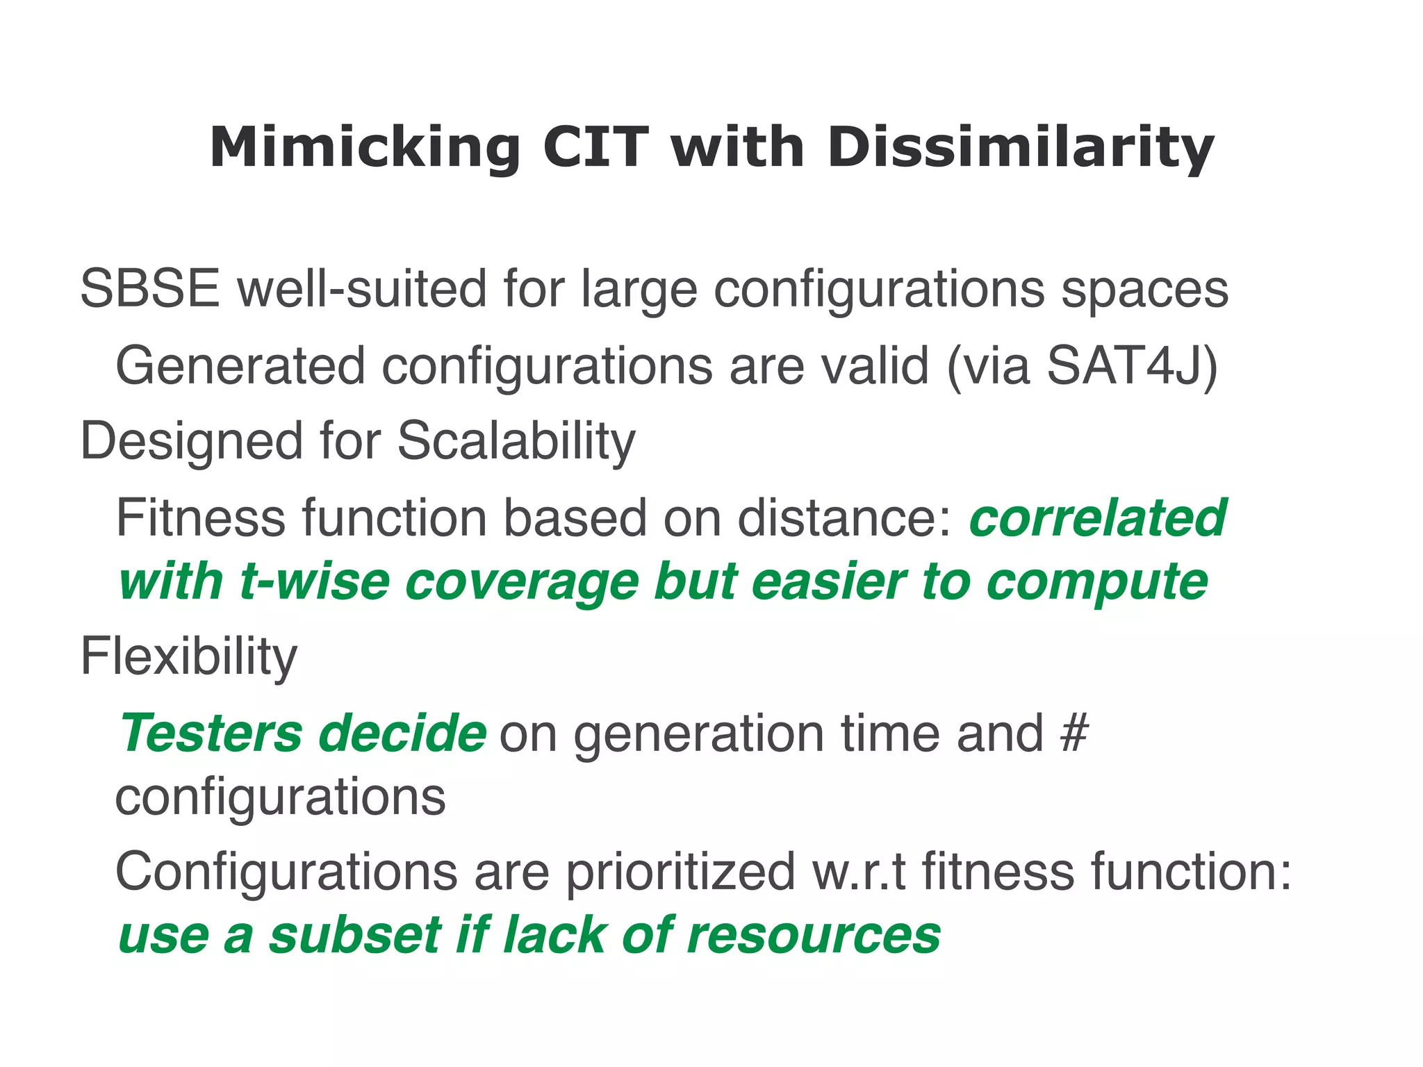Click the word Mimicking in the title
pyautogui.click(x=365, y=149)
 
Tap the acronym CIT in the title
pyautogui.click(x=595, y=147)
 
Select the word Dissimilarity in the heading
pyautogui.click(x=1020, y=149)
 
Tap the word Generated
pyautogui.click(x=240, y=366)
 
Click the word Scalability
pyautogui.click(x=516, y=442)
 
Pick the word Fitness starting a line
pyautogui.click(x=200, y=518)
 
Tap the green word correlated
pyautogui.click(x=1098, y=518)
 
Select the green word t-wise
pyautogui.click(x=314, y=581)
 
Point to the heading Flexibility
pyautogui.click(x=188, y=657)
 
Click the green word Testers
pyautogui.click(x=211, y=734)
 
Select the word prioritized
pyautogui.click(x=680, y=872)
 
